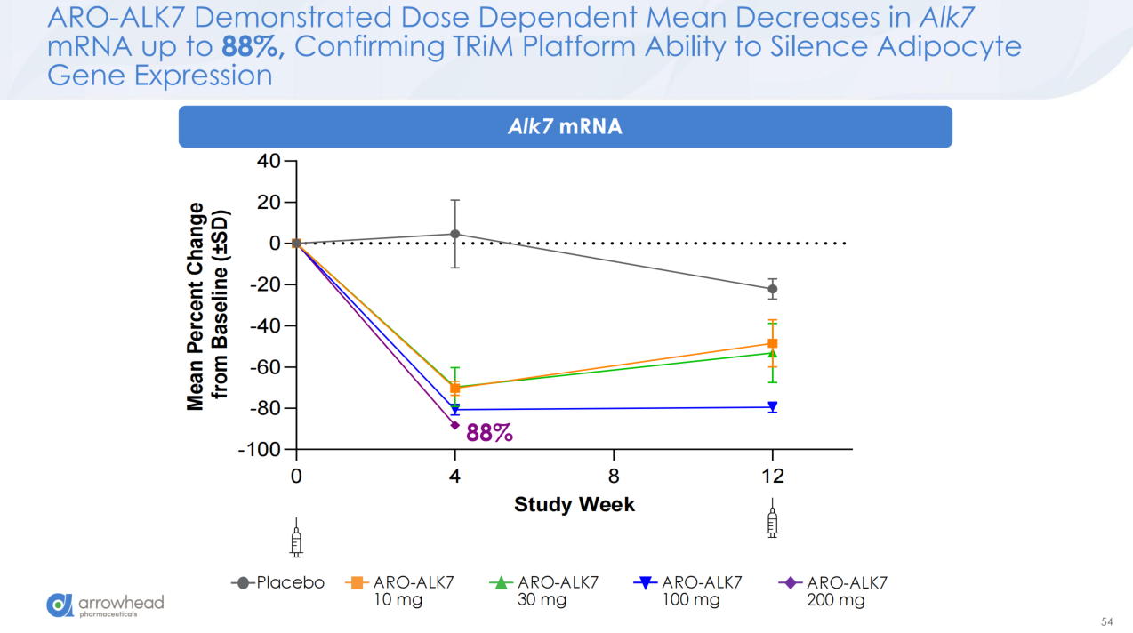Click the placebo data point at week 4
[x=455, y=234]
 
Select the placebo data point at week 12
[x=772, y=289]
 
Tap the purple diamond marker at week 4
[x=455, y=425]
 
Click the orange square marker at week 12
[x=772, y=344]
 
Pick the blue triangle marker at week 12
[x=772, y=406]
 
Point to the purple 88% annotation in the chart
[x=489, y=433]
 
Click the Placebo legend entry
[x=277, y=583]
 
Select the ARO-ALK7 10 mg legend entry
[x=399, y=590]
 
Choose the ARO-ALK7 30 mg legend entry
[x=543, y=590]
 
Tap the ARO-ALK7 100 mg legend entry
[x=688, y=590]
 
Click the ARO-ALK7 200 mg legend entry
[x=832, y=590]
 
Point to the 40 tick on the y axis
[x=268, y=161]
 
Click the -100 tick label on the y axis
[x=259, y=450]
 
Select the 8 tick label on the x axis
[x=614, y=477]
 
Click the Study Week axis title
[x=575, y=505]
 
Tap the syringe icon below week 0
[x=296, y=538]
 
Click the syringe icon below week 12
[x=772, y=517]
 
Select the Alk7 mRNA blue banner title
[x=565, y=126]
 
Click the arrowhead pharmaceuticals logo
[x=105, y=605]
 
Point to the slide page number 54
[x=1106, y=621]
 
